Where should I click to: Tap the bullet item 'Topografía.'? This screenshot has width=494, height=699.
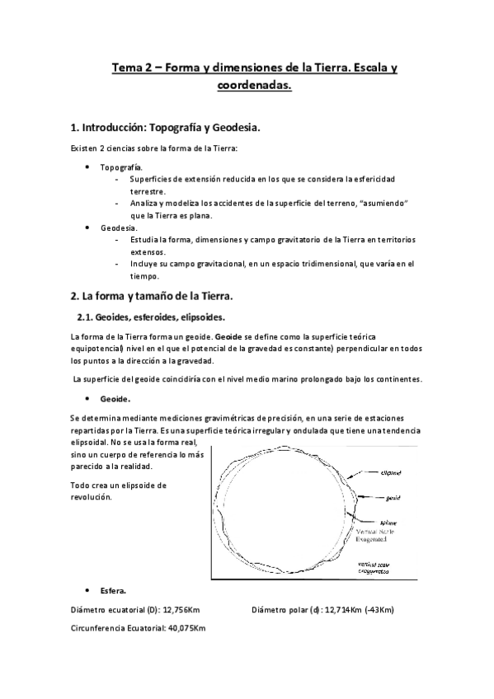pos(121,167)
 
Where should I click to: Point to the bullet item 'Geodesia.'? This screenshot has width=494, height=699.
pos(120,227)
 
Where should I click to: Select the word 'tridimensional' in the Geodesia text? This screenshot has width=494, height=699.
pos(314,265)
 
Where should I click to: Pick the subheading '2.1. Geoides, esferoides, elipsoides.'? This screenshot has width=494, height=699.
pos(145,317)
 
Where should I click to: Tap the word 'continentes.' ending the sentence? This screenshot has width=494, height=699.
pos(399,379)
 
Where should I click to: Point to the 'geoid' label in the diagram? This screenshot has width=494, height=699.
pos(393,498)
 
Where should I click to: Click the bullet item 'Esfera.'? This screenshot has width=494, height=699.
pos(114,591)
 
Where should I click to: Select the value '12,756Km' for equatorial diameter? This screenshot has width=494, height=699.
pos(182,610)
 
